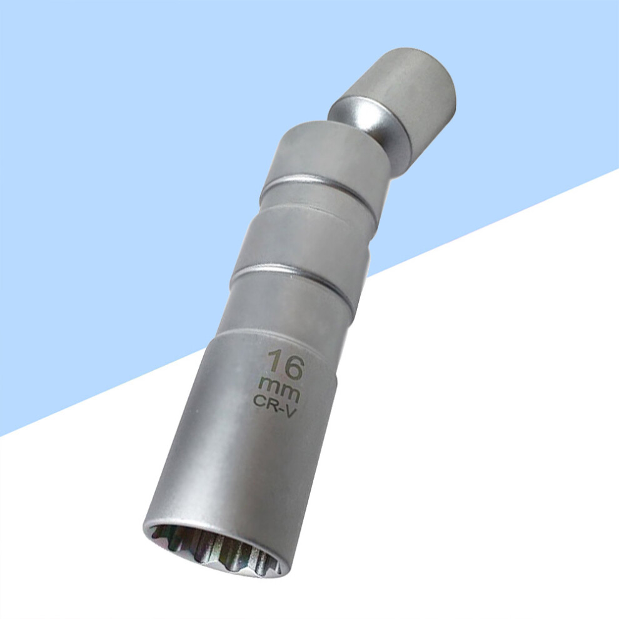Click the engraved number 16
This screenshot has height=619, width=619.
point(286,360)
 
